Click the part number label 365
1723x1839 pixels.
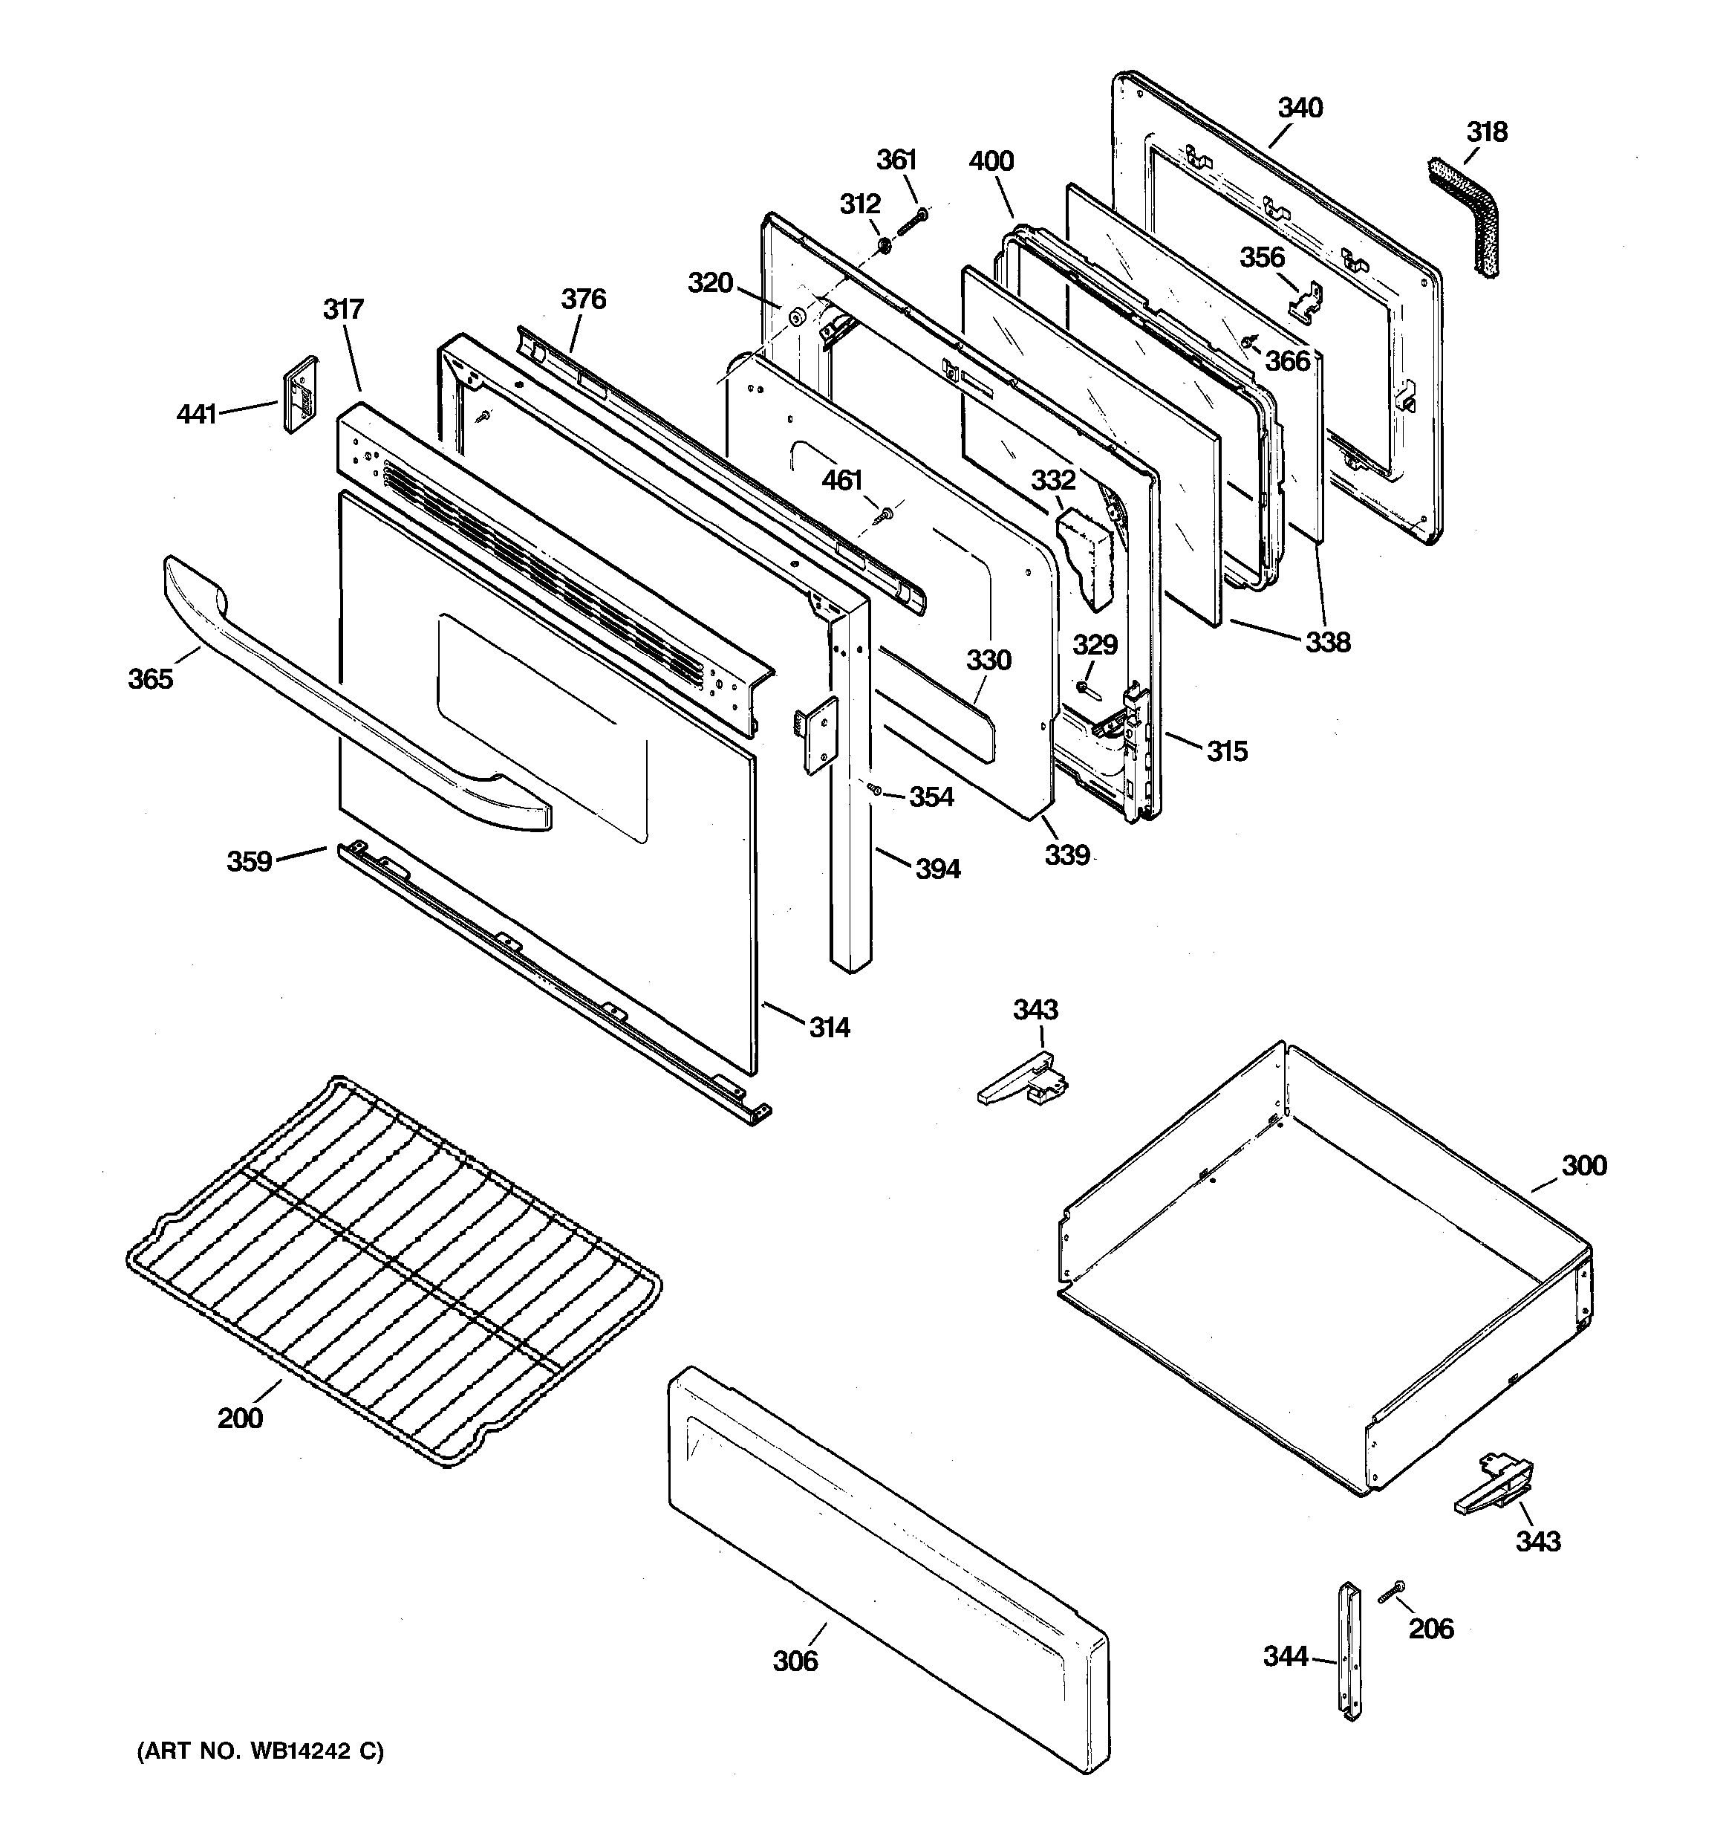[151, 679]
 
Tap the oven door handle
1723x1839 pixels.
[351, 694]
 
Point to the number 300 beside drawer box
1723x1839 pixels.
[1584, 1166]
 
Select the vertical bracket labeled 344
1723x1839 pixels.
[1349, 1665]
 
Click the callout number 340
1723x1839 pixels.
[1300, 108]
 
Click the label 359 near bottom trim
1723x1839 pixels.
[250, 861]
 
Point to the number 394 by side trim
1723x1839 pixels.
[938, 869]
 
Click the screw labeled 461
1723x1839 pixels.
[883, 514]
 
